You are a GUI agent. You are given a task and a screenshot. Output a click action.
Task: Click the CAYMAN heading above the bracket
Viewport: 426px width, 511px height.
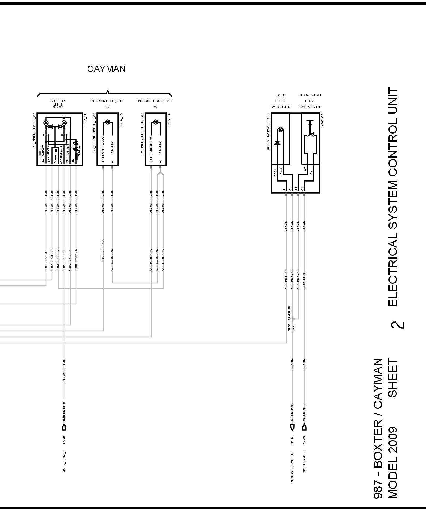pos(106,69)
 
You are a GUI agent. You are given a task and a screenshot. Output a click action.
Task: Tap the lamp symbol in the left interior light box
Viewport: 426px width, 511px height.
pos(108,122)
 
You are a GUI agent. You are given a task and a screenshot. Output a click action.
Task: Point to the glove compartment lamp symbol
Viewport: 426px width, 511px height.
pos(280,130)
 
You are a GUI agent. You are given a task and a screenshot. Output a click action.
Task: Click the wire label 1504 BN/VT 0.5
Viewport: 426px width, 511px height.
pos(46,260)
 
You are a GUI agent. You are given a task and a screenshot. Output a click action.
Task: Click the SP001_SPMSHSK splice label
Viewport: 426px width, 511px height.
pos(289,318)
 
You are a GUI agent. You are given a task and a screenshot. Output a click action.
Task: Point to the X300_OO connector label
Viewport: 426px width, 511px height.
pos(323,120)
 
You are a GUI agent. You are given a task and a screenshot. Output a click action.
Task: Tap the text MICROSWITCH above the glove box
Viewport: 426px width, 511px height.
pos(310,95)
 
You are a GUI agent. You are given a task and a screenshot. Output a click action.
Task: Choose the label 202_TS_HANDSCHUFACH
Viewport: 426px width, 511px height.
pos(269,132)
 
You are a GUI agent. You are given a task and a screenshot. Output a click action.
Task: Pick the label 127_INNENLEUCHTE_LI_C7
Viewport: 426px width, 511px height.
pos(94,133)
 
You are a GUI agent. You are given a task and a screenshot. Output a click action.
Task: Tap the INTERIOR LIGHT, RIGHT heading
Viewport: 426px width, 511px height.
pos(155,101)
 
